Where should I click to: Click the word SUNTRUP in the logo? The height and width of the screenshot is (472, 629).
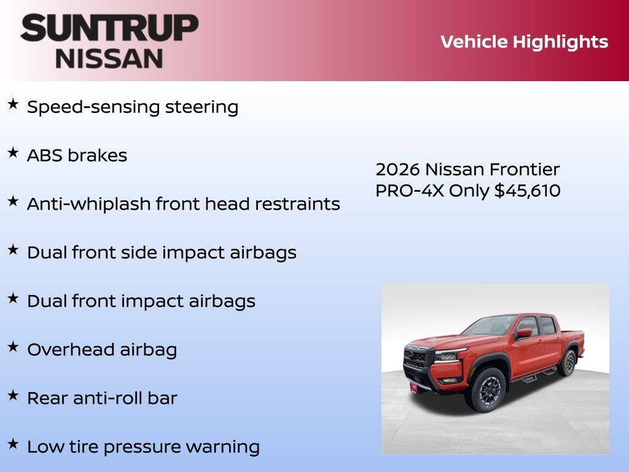click(x=109, y=28)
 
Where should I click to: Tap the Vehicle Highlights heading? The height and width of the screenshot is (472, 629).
click(x=524, y=42)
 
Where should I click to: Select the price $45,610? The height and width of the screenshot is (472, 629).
click(x=528, y=191)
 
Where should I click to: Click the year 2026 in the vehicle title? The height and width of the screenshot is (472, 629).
click(x=397, y=169)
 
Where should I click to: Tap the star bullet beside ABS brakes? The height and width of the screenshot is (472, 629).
click(x=13, y=152)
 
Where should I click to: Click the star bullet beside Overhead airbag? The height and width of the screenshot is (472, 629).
click(x=13, y=347)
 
